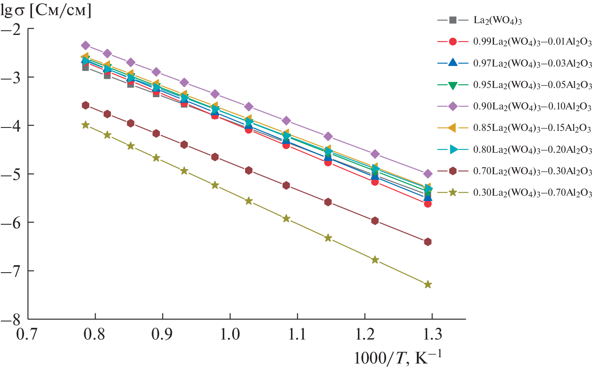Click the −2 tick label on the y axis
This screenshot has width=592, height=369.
(x=12, y=29)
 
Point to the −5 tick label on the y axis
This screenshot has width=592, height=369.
(x=12, y=174)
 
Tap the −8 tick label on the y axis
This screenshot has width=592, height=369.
(x=12, y=319)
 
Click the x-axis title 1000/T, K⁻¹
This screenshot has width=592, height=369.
(x=398, y=358)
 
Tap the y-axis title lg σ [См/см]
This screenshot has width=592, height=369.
(x=46, y=10)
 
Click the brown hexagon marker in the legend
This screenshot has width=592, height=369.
(x=453, y=171)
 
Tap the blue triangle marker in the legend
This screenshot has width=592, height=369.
(x=453, y=63)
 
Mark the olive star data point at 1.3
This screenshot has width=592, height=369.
(x=428, y=284)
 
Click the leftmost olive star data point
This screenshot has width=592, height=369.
(x=85, y=125)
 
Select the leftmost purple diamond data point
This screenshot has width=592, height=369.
(x=85, y=45)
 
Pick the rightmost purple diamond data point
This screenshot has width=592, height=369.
(x=428, y=173)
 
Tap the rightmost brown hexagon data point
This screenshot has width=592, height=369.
(x=428, y=242)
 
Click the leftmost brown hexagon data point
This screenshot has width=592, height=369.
(x=85, y=105)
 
